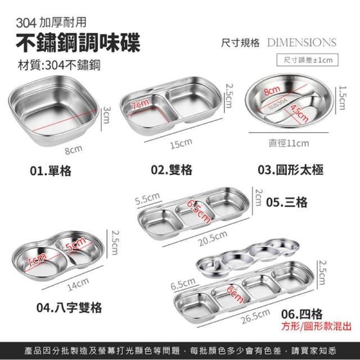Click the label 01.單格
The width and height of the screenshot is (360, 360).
coord(51,171)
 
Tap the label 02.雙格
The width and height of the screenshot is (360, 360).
coord(172,170)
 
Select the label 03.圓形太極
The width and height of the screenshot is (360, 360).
coord(290,170)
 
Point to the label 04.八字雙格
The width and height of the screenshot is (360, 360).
coord(69,308)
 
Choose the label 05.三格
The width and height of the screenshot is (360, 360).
coord(287,202)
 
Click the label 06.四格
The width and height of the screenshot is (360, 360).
coord(302,314)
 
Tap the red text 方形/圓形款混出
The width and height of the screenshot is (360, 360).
coord(316,326)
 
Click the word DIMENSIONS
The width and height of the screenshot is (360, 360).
coord(301,43)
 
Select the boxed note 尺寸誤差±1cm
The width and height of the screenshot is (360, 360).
coord(308,60)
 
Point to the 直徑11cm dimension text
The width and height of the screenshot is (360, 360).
coord(289,143)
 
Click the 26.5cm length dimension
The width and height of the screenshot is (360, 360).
coord(255,316)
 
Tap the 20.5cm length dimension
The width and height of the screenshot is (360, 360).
coord(213,238)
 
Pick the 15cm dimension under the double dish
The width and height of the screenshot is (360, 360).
coord(181,143)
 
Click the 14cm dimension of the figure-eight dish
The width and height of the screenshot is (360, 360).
coord(78,285)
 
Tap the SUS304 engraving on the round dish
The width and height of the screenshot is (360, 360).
coord(278,104)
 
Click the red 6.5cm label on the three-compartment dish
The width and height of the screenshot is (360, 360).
coord(199,211)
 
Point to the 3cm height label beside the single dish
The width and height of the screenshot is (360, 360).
coord(106,115)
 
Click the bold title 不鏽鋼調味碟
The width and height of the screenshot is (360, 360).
coord(78,43)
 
